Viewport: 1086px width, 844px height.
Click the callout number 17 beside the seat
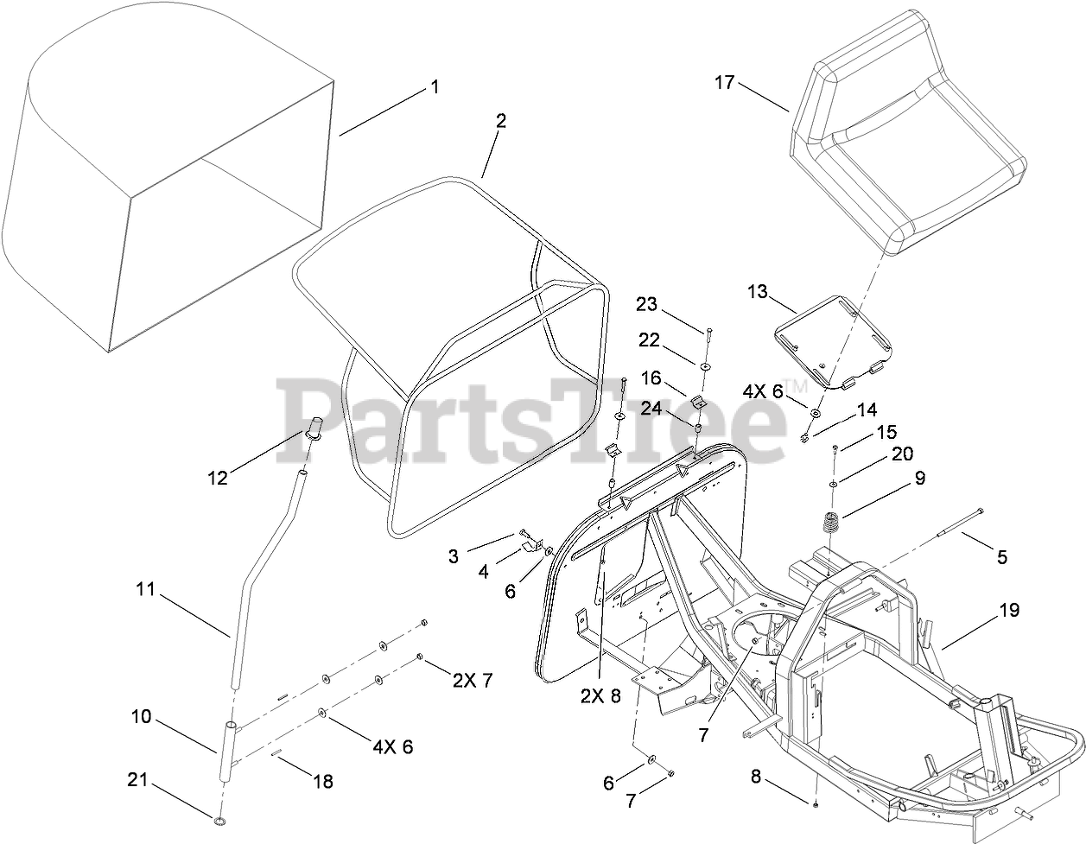pyautogui.click(x=724, y=83)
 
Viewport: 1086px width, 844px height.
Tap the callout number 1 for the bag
pyautogui.click(x=435, y=87)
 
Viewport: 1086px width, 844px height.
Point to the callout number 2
pyautogui.click(x=500, y=121)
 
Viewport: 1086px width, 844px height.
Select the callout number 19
pyautogui.click(x=1009, y=610)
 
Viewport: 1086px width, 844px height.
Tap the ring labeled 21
pyautogui.click(x=220, y=818)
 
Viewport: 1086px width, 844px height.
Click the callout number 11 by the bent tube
pyautogui.click(x=144, y=590)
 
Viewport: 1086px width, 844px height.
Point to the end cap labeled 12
pyautogui.click(x=315, y=428)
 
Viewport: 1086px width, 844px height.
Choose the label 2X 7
pyautogui.click(x=473, y=681)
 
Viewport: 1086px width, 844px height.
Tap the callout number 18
pyautogui.click(x=322, y=782)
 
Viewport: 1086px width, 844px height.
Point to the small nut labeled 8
pyautogui.click(x=816, y=804)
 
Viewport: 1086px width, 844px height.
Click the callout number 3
pyautogui.click(x=454, y=556)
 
